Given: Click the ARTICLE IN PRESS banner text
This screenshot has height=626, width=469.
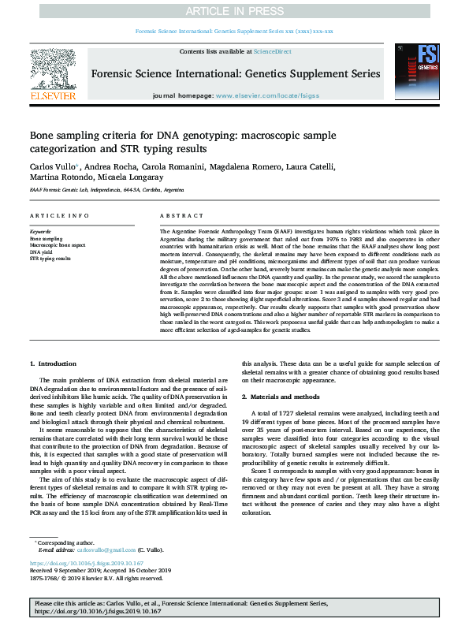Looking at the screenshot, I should pos(234,12).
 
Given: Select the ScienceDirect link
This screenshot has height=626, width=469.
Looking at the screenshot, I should pos(273,51).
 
